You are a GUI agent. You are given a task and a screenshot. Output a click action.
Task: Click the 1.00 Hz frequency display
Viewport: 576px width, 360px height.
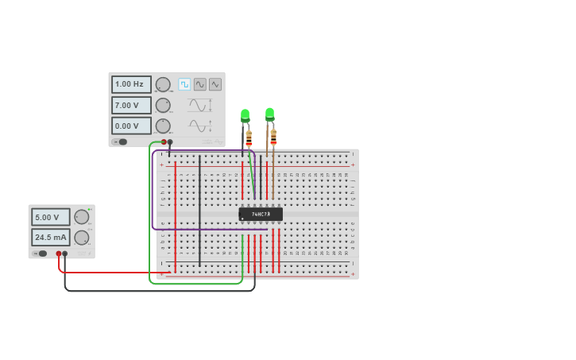point(131,84)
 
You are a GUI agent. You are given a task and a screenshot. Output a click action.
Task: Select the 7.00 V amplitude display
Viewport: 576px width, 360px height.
point(131,105)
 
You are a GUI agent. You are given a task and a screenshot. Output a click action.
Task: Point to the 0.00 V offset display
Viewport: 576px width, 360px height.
point(131,126)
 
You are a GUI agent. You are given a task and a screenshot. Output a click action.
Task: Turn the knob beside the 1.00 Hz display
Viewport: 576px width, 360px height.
point(163,84)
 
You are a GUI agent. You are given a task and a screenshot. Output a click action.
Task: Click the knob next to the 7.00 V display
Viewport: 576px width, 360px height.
point(163,105)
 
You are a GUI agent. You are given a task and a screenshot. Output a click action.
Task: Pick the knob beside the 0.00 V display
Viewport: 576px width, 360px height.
point(163,126)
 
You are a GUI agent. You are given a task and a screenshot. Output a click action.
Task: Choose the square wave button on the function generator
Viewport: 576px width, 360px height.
point(184,84)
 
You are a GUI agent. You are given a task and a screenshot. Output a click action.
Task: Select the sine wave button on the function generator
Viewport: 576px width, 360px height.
point(199,84)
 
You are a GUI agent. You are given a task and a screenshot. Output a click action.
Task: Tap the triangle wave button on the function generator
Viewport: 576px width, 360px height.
point(215,84)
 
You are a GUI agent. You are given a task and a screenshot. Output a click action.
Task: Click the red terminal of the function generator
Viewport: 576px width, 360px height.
point(164,141)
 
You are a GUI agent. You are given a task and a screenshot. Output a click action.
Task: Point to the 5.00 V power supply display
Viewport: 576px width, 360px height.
point(51,217)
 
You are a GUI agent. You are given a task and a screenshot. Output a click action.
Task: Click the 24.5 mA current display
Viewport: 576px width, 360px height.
point(51,237)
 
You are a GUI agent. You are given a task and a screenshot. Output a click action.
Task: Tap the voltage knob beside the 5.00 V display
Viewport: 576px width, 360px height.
point(81,217)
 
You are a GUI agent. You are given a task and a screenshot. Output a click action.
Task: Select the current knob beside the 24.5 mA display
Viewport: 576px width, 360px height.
point(81,237)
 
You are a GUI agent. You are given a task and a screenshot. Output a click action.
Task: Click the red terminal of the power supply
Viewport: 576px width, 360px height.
point(59,254)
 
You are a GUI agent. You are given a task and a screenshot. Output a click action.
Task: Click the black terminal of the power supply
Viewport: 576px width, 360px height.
point(65,254)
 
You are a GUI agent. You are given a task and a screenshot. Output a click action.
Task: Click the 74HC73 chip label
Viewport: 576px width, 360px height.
point(261,214)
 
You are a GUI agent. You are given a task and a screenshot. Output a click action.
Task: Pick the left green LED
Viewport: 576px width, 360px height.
point(245,115)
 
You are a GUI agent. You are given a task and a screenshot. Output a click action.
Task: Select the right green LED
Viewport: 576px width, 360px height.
point(270,114)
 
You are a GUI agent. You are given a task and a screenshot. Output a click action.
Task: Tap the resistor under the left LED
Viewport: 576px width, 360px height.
point(249,138)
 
